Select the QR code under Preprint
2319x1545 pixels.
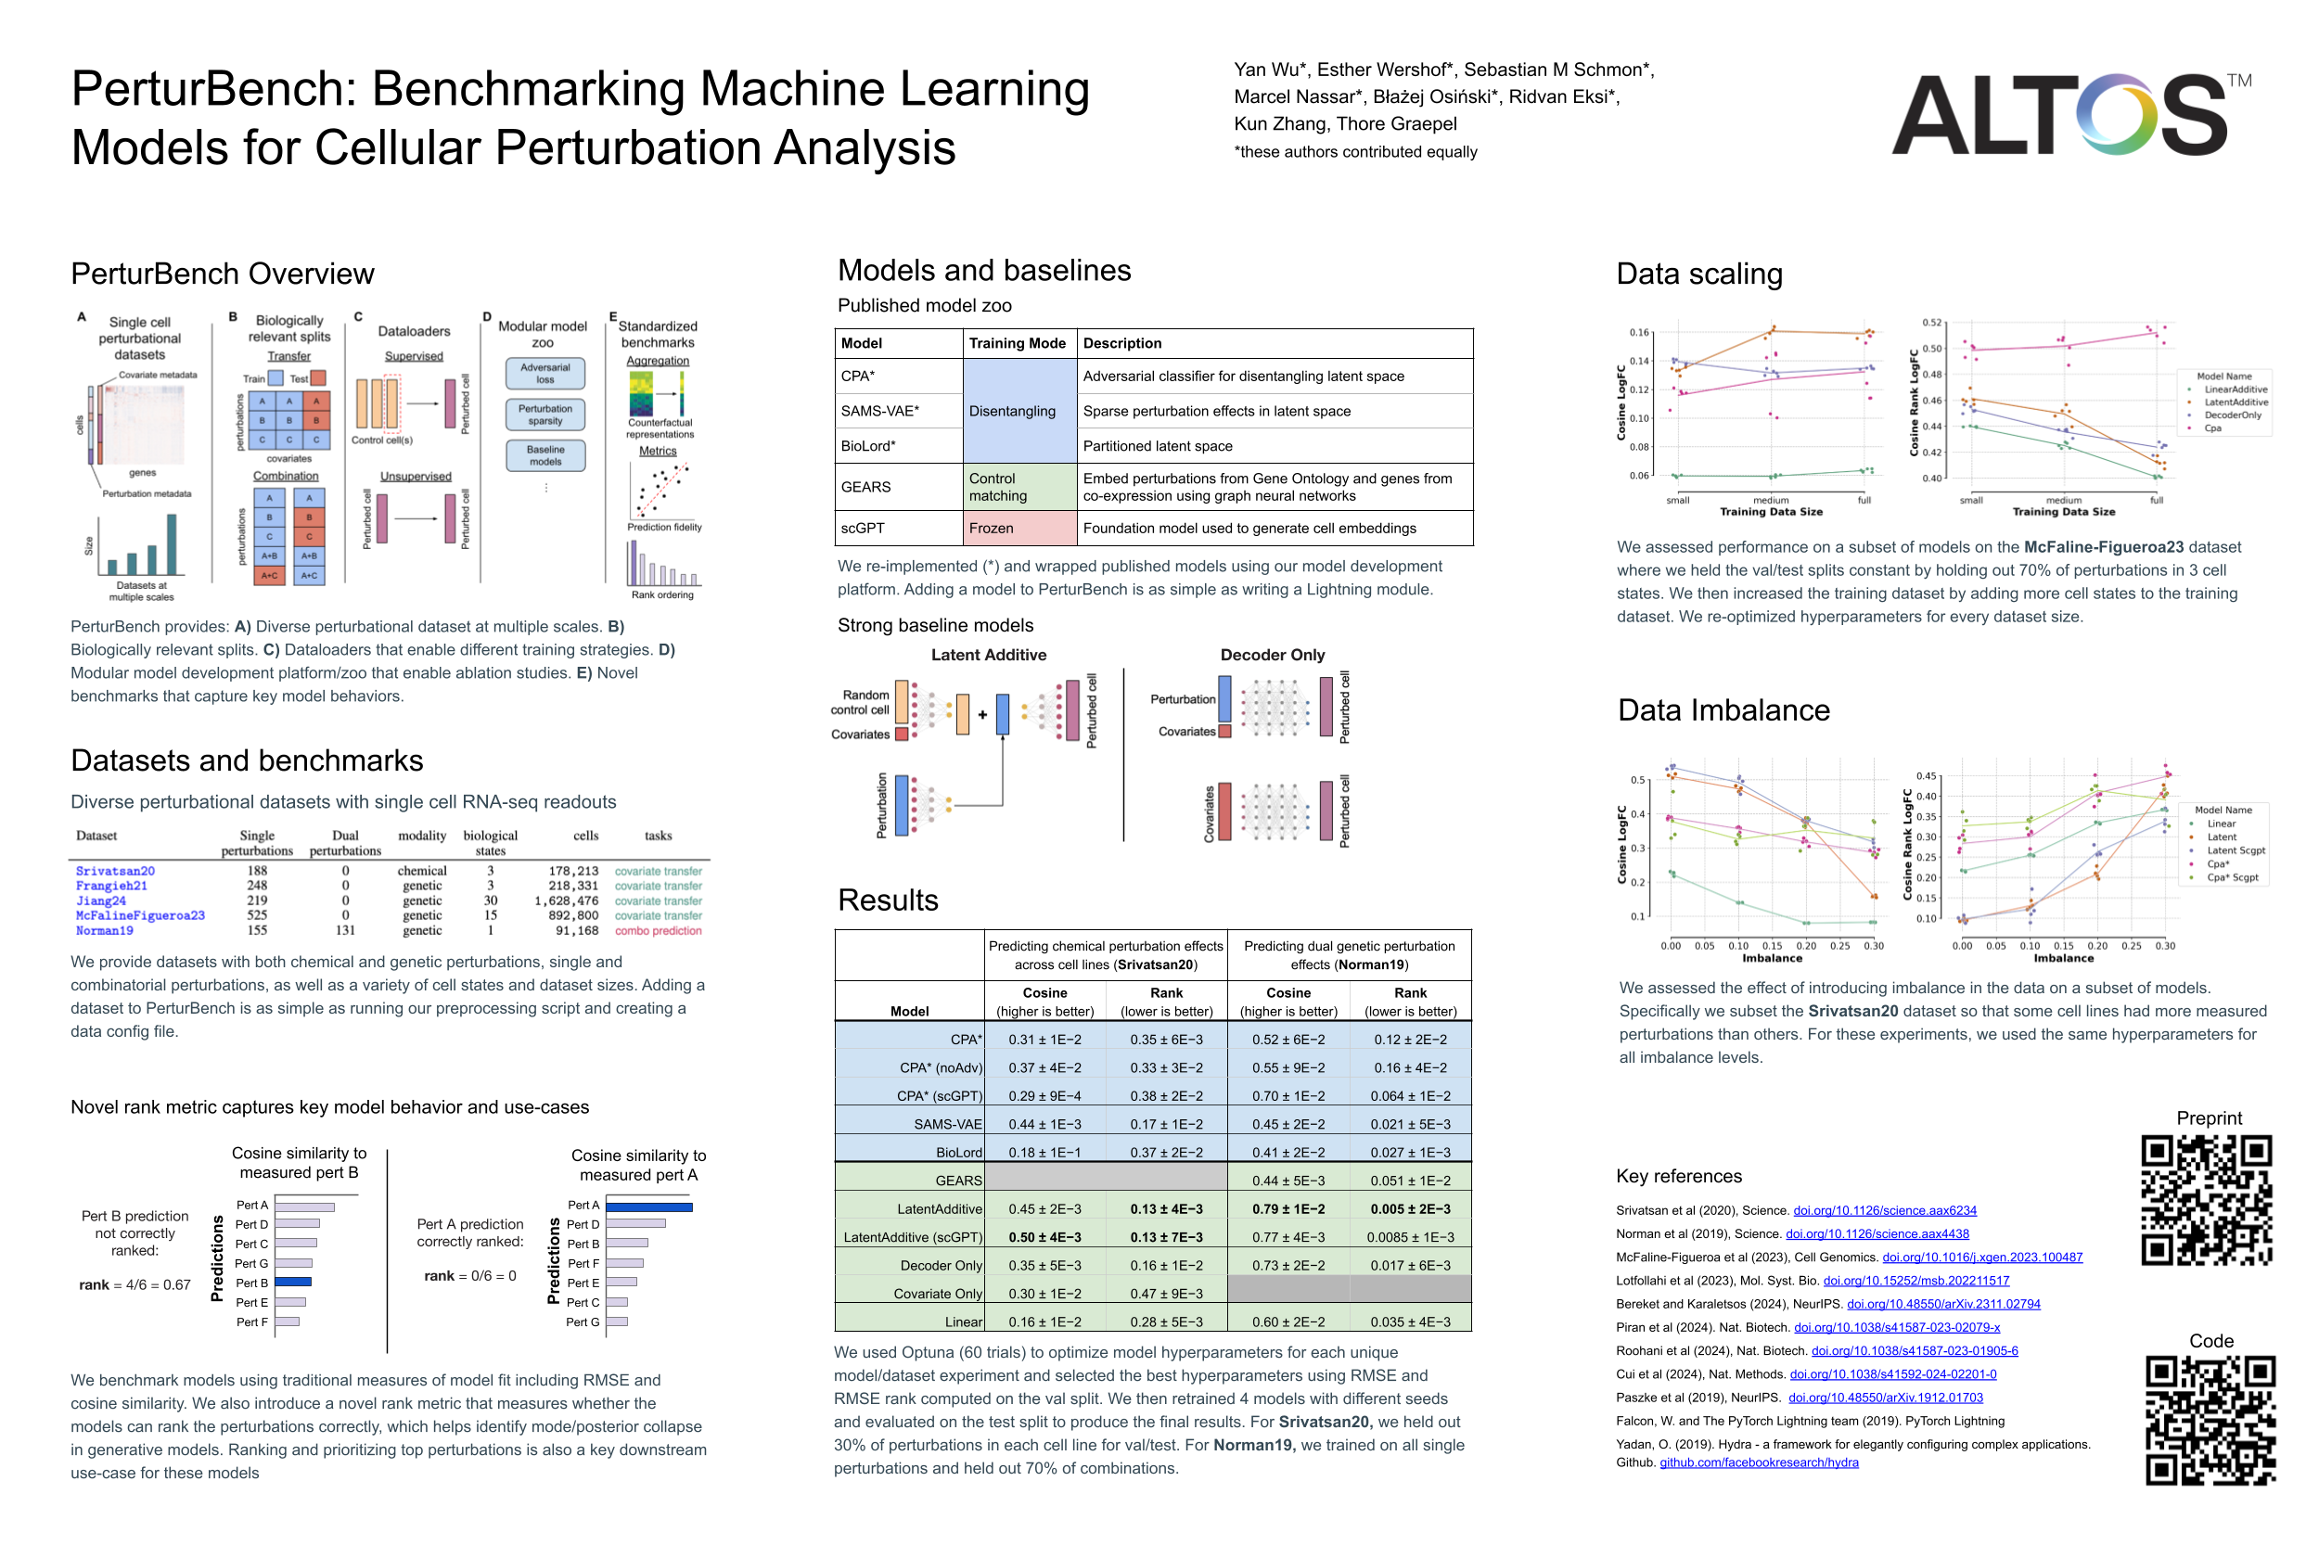click(x=2206, y=1199)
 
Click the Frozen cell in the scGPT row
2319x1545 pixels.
click(x=991, y=529)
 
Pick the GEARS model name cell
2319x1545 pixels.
click(x=865, y=487)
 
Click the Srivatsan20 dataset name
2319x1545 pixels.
click(x=115, y=871)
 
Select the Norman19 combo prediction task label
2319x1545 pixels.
click(x=659, y=930)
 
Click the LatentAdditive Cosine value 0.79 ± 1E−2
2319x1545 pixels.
click(x=1288, y=1209)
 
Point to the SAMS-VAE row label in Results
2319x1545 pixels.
click(x=947, y=1124)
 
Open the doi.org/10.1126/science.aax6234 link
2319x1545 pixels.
click(x=1884, y=1210)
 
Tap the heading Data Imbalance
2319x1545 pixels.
click(x=1723, y=710)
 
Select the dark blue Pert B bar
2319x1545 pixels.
click(x=293, y=1282)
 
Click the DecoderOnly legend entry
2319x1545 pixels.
click(x=2233, y=415)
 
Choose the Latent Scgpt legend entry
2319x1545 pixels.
click(x=2236, y=850)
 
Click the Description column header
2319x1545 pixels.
click(x=1121, y=343)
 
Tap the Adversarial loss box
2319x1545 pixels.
click(x=545, y=374)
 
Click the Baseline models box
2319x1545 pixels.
click(x=545, y=455)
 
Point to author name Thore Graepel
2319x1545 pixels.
click(x=1397, y=124)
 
